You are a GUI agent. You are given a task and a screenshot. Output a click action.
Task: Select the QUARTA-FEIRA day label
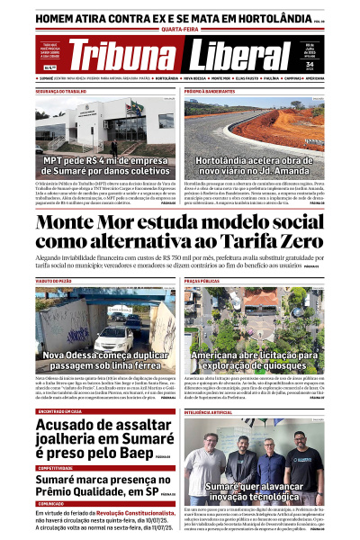click(x=180, y=28)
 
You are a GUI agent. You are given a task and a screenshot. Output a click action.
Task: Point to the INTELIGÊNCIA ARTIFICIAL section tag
click(x=216, y=411)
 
